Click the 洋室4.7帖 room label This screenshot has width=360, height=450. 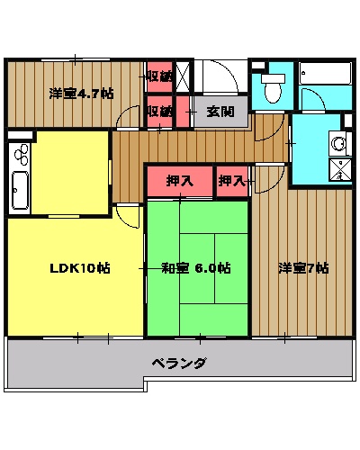pos(81,93)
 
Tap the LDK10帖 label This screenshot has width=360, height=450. pos(79,268)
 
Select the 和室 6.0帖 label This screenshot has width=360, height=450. pos(196,268)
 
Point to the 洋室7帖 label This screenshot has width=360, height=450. pos(302,268)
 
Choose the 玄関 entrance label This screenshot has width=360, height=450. pos(220,112)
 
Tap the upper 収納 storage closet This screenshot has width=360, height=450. pos(159,76)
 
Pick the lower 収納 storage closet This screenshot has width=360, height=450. pos(159,112)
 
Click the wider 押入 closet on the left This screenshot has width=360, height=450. pos(180,180)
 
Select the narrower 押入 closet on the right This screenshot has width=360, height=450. pos(232,180)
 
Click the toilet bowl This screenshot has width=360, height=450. pos(271,90)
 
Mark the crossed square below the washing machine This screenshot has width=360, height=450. pos(341,169)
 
